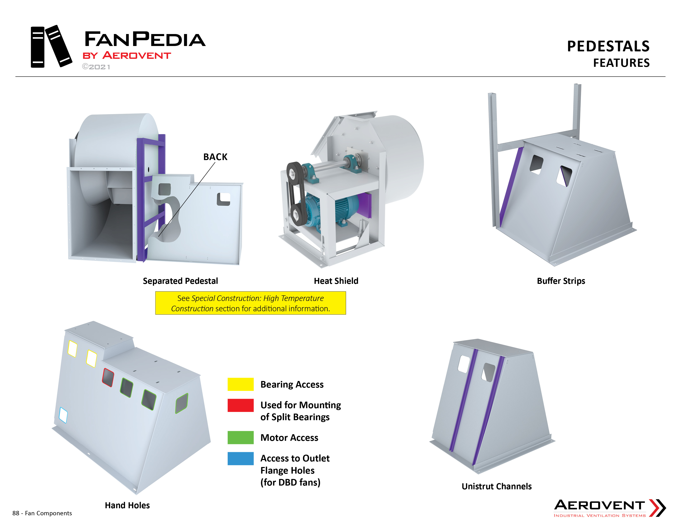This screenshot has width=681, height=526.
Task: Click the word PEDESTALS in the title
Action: click(608, 46)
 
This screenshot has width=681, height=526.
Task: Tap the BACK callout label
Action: click(215, 157)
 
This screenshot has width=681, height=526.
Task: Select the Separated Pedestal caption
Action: click(180, 281)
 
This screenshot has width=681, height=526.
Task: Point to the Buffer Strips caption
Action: click(561, 281)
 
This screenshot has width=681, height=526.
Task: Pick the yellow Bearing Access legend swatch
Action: click(240, 384)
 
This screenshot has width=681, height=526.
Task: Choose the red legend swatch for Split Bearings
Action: click(240, 405)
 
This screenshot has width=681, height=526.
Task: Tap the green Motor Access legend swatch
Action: click(240, 438)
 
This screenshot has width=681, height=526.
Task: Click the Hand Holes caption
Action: click(127, 505)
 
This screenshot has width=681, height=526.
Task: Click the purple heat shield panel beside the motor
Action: click(364, 205)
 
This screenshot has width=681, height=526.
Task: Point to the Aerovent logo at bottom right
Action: click(610, 508)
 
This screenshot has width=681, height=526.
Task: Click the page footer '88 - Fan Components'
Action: click(42, 513)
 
